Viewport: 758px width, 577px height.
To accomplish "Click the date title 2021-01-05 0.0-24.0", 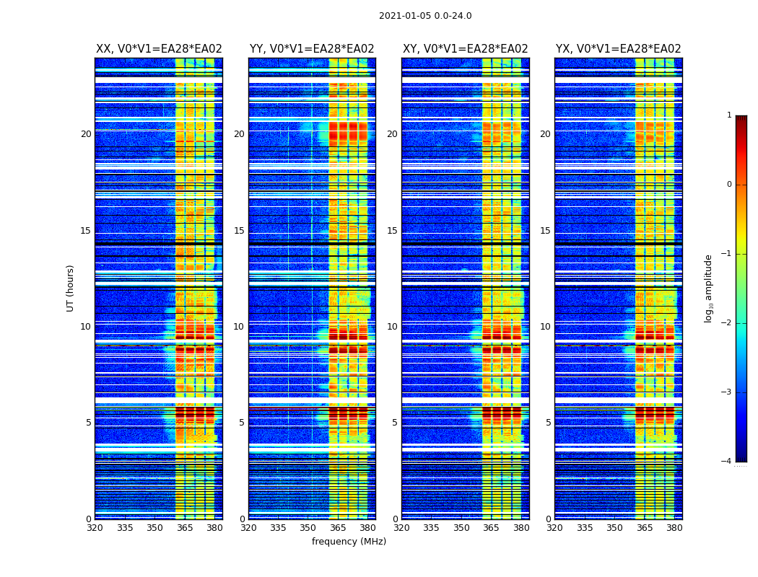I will tap(425, 16).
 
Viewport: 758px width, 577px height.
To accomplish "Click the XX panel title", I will tap(159, 49).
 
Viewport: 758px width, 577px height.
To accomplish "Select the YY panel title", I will tap(312, 49).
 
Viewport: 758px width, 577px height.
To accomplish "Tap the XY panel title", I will tap(465, 49).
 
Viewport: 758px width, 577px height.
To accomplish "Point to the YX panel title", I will tap(618, 49).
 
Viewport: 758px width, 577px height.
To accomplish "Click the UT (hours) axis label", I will tap(71, 288).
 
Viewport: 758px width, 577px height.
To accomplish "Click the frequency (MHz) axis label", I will tap(349, 542).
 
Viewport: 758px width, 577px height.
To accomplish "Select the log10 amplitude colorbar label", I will tap(708, 288).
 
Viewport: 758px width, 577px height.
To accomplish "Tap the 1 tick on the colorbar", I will tap(729, 115).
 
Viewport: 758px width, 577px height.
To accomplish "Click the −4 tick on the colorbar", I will tap(727, 462).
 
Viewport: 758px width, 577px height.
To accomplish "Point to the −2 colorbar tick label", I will tap(727, 323).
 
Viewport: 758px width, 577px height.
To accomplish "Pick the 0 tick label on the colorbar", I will tap(729, 185).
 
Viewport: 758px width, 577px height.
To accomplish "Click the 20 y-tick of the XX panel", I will tap(86, 134).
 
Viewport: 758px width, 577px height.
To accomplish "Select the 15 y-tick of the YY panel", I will tap(239, 231).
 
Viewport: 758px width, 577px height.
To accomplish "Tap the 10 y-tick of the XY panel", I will tap(392, 327).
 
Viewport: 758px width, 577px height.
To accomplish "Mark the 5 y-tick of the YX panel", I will tap(549, 423).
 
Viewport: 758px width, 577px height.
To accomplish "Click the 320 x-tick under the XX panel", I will tap(95, 528).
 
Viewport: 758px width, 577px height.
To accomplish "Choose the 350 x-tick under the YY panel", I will tap(308, 528).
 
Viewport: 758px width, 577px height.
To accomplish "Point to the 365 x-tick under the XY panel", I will tap(491, 528).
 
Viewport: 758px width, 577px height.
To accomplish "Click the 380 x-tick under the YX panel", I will tap(674, 528).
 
